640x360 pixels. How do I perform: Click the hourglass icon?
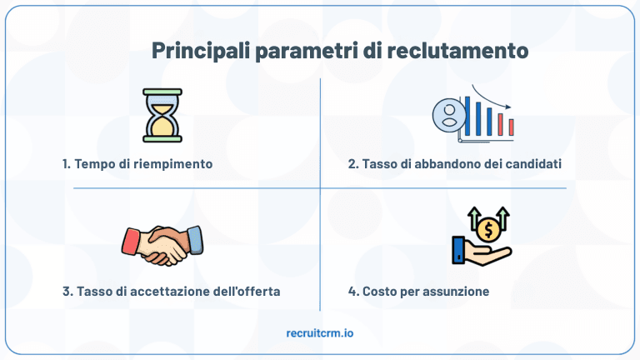coord(162,114)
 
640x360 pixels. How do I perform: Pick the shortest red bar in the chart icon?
coord(511,127)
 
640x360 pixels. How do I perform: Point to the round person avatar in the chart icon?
coord(449,113)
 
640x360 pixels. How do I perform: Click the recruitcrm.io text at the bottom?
coord(319,332)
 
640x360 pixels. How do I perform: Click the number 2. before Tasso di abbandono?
coord(353,163)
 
